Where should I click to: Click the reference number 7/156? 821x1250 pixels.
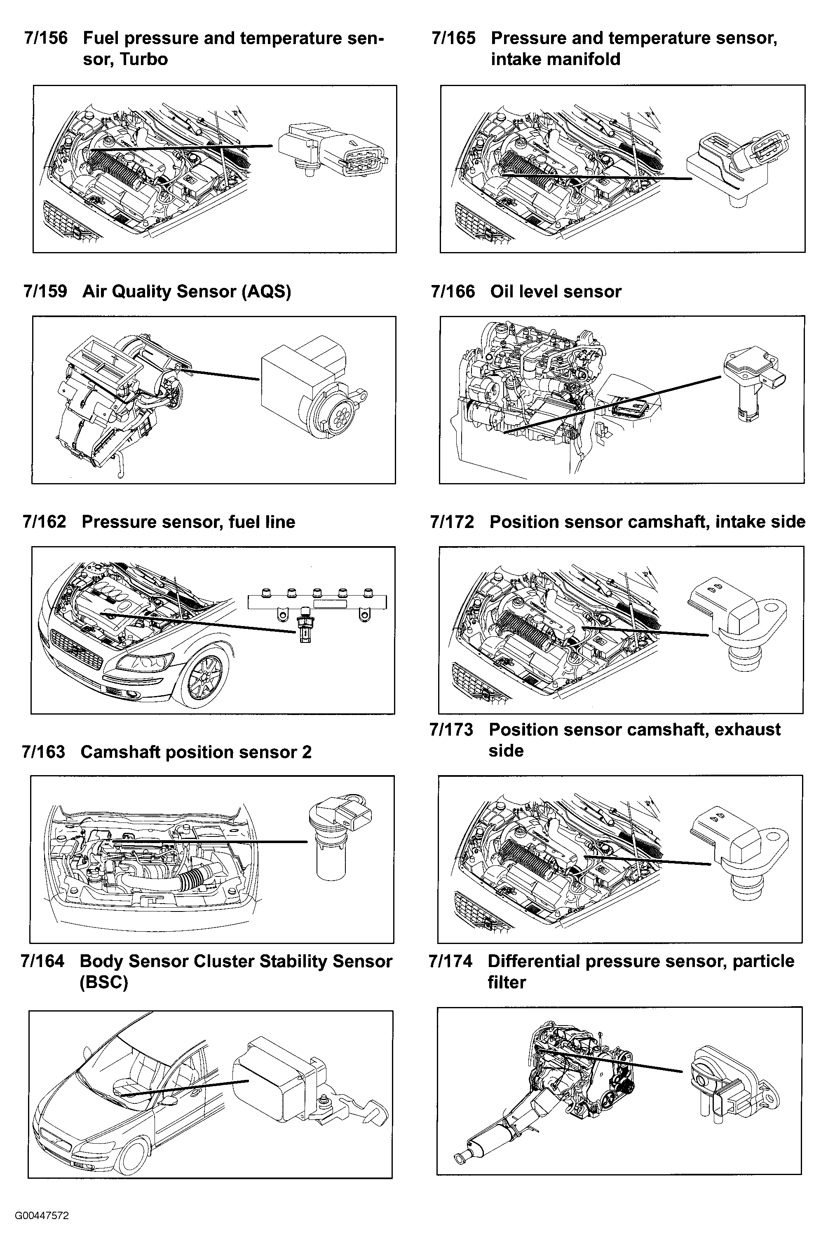click(x=46, y=38)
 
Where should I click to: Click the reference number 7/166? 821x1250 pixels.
click(x=453, y=292)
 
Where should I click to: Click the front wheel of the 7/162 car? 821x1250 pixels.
click(x=204, y=678)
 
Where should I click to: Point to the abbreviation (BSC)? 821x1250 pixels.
click(x=103, y=982)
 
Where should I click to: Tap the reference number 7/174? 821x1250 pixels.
click(x=450, y=961)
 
